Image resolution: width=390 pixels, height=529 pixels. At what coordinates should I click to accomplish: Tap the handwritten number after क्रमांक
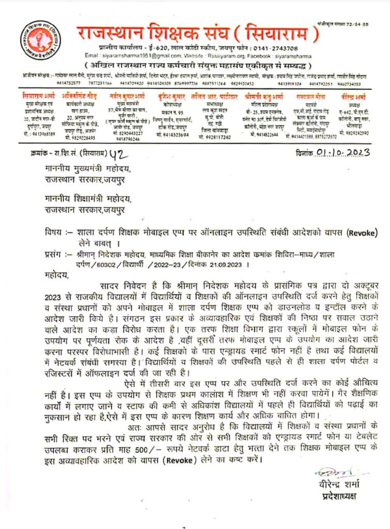click(117, 153)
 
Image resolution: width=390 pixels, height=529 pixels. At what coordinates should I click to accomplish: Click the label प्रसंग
click(54, 254)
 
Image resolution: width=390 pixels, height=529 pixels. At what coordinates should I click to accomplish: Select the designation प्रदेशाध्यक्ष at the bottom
click(337, 496)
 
